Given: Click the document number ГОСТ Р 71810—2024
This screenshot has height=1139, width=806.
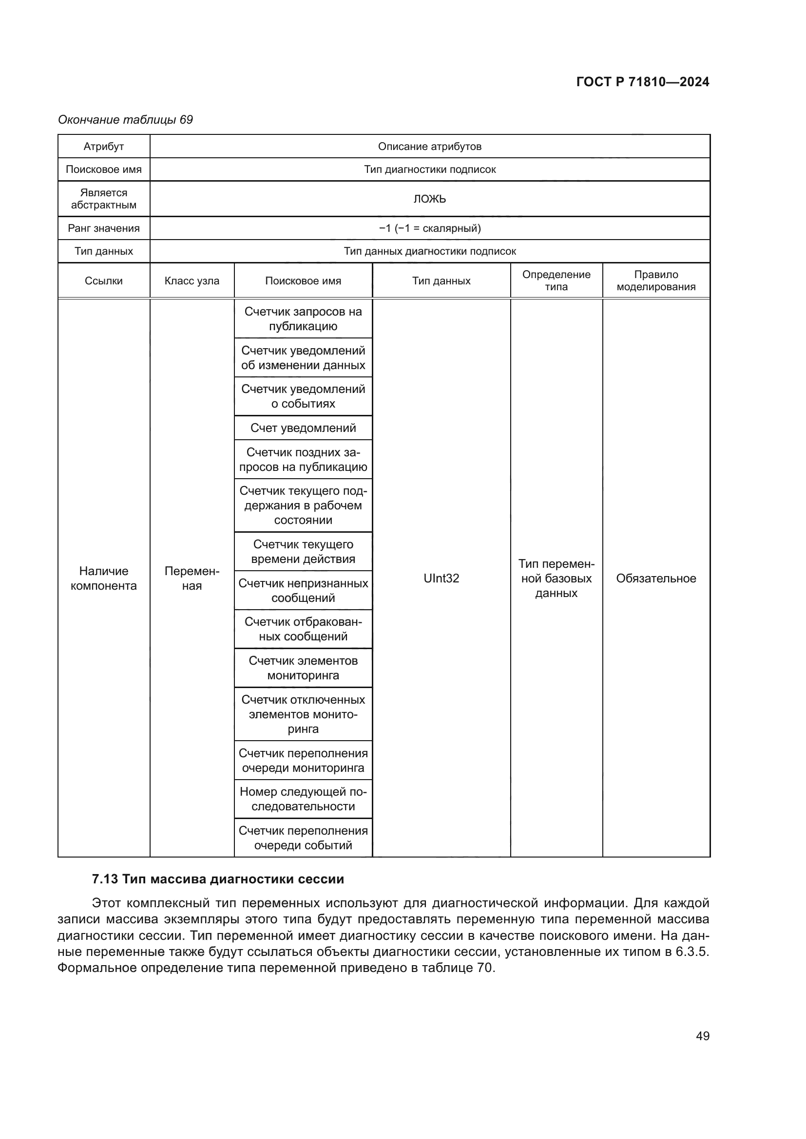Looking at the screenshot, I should [x=643, y=82].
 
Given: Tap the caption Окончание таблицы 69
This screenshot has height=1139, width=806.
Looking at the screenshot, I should [x=125, y=120].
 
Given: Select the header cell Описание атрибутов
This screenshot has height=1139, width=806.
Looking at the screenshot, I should [x=429, y=147].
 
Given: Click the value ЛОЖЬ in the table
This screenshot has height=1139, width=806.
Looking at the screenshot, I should [x=429, y=199].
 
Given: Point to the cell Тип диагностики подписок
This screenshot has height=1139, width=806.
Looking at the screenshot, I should [x=429, y=169].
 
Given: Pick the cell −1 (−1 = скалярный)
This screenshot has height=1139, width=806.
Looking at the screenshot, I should [x=429, y=228].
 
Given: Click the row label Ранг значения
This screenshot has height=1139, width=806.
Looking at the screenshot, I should [x=104, y=228].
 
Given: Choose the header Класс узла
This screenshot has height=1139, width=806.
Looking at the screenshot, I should [x=192, y=281].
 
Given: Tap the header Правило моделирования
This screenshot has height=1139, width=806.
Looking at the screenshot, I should [x=655, y=281].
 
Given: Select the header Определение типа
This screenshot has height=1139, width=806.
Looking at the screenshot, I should [x=556, y=281].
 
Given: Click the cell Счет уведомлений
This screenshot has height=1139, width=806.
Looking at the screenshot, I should [x=303, y=428].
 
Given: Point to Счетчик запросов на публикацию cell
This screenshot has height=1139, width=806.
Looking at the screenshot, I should [x=303, y=319].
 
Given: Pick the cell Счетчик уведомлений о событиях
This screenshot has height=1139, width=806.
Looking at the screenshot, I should [x=303, y=396].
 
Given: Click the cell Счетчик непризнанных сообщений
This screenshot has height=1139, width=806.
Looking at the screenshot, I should [x=303, y=590].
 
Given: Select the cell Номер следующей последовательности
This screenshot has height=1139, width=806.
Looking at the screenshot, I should [x=303, y=799].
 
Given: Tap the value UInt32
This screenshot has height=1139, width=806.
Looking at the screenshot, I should [x=441, y=579].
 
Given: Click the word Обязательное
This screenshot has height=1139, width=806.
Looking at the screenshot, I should [x=655, y=579].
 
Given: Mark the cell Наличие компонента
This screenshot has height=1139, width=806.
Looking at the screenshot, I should [x=104, y=579].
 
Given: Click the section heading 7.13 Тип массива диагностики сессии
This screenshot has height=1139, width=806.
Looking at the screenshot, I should [x=218, y=879].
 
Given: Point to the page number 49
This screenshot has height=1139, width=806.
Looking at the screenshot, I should [x=702, y=1036].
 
